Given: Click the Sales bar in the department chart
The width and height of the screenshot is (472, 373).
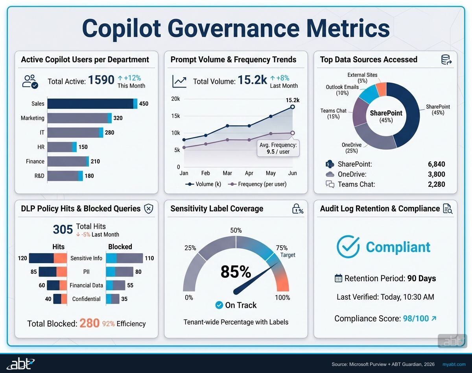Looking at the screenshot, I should pyautogui.click(x=92, y=104).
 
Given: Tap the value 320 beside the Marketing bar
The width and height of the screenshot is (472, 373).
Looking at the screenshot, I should pyautogui.click(x=118, y=118).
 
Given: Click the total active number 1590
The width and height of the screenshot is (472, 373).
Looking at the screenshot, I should pyautogui.click(x=101, y=80).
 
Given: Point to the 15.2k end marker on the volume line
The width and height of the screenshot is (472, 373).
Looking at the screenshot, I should pyautogui.click(x=292, y=107).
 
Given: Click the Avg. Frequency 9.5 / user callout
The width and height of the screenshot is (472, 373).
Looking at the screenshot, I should pyautogui.click(x=278, y=148).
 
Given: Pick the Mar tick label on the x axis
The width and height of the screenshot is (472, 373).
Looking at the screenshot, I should pyautogui.click(x=227, y=173).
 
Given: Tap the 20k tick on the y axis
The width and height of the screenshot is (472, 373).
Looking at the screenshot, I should pyautogui.click(x=175, y=99).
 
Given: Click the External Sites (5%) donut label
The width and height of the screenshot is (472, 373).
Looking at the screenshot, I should pyautogui.click(x=362, y=78).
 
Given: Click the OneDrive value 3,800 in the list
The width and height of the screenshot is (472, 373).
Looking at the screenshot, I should pyautogui.click(x=436, y=174).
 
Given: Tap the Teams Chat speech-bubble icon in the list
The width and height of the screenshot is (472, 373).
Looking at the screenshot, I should pyautogui.click(x=330, y=184).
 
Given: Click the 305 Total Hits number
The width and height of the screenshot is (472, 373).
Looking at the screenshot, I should pyautogui.click(x=63, y=229).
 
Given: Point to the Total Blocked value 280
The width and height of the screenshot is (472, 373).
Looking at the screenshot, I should pyautogui.click(x=89, y=323).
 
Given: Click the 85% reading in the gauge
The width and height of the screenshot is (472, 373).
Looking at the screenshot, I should pyautogui.click(x=236, y=272).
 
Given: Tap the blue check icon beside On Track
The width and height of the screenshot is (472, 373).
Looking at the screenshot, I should pyautogui.click(x=219, y=305).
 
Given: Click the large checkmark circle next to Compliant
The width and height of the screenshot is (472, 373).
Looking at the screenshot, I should pyautogui.click(x=348, y=247).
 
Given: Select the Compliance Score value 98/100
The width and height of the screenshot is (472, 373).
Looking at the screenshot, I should pyautogui.click(x=416, y=318).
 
